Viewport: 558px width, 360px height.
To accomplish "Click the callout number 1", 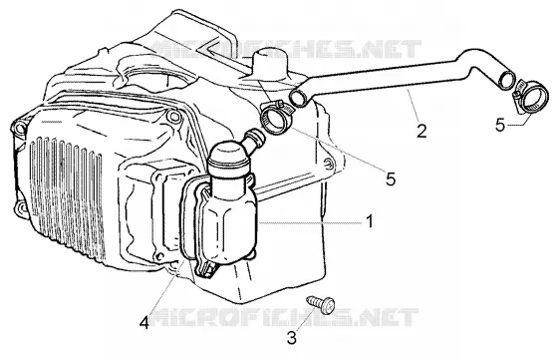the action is click(370, 221).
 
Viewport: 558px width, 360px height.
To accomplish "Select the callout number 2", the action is click(421, 131).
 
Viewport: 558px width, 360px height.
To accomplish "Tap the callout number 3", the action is click(292, 338).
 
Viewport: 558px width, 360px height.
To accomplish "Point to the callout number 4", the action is click(144, 323).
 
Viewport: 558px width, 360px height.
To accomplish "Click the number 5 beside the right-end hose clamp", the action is click(500, 126).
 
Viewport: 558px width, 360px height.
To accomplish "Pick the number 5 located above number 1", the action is click(391, 180).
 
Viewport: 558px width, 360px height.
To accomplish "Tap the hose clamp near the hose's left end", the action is click(277, 118).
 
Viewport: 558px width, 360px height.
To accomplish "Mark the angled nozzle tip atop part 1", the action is click(256, 136).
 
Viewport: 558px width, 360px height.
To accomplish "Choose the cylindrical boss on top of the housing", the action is click(269, 63).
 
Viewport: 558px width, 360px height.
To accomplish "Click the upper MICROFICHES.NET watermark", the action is click(286, 49).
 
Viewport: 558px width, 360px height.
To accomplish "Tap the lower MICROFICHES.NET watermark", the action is click(284, 317).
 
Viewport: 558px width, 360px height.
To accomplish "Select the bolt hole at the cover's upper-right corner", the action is click(174, 116).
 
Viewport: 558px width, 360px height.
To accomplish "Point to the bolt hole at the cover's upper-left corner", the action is click(19, 128).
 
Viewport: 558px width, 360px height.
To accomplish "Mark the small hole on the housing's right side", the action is click(329, 164).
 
